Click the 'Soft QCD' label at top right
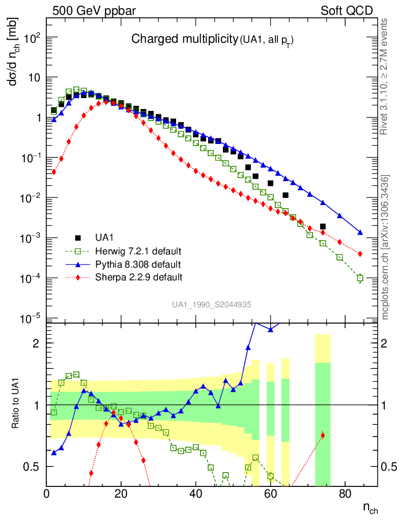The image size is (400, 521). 347,11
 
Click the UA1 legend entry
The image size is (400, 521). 105,238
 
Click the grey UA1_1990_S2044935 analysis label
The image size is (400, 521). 211,304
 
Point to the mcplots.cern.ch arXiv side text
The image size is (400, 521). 385,247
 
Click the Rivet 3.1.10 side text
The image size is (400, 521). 385,76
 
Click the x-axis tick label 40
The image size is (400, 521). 195,494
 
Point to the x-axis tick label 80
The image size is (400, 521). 345,494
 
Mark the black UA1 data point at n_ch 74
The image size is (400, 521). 323,226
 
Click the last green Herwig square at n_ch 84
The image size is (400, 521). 360,278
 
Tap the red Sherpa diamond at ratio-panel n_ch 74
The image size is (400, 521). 323,435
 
